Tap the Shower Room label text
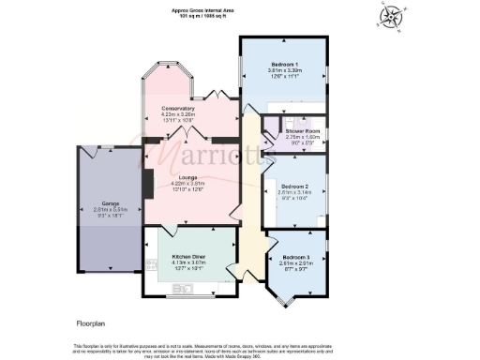pyautogui.click(x=302, y=131)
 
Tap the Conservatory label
pyautogui.click(x=177, y=109)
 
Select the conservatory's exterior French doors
pyautogui.click(x=212, y=97)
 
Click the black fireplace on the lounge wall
pyautogui.click(x=146, y=183)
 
